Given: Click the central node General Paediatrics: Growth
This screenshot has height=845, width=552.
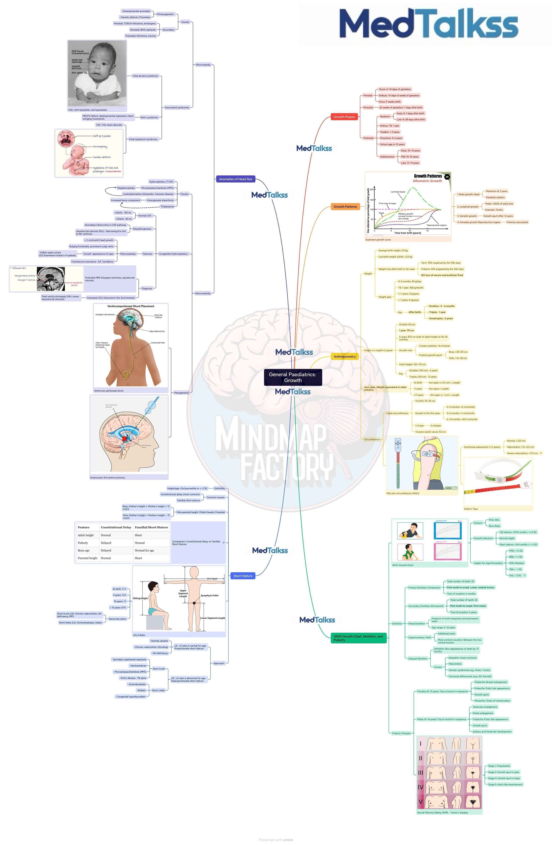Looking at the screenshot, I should point(292,377).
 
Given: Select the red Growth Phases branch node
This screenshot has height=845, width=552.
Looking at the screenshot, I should point(344,117).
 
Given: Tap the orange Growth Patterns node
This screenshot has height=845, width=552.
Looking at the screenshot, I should point(345,207).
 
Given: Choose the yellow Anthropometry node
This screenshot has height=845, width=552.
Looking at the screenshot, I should point(344,357).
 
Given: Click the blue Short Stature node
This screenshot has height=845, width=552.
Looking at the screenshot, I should point(243,576).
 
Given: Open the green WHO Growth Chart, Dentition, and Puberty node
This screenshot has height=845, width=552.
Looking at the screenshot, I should point(358,638).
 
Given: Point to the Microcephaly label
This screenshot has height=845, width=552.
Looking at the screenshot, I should point(203,65).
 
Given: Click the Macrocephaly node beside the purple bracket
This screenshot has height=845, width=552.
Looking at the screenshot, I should point(203,294).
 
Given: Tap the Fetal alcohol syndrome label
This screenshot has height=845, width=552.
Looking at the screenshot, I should point(145,76).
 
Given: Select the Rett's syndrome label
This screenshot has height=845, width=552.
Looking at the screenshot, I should point(149,118).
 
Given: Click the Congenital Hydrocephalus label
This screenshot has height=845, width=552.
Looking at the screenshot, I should point(173,254).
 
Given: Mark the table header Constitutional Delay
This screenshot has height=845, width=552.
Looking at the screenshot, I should point(116,528).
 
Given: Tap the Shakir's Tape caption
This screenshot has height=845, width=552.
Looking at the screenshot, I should point(471,509).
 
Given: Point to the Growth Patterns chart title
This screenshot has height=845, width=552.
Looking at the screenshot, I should point(428,176).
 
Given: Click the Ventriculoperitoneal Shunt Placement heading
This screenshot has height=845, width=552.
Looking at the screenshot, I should point(131,306).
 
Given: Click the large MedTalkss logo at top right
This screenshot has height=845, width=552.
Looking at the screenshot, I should point(428,24).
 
